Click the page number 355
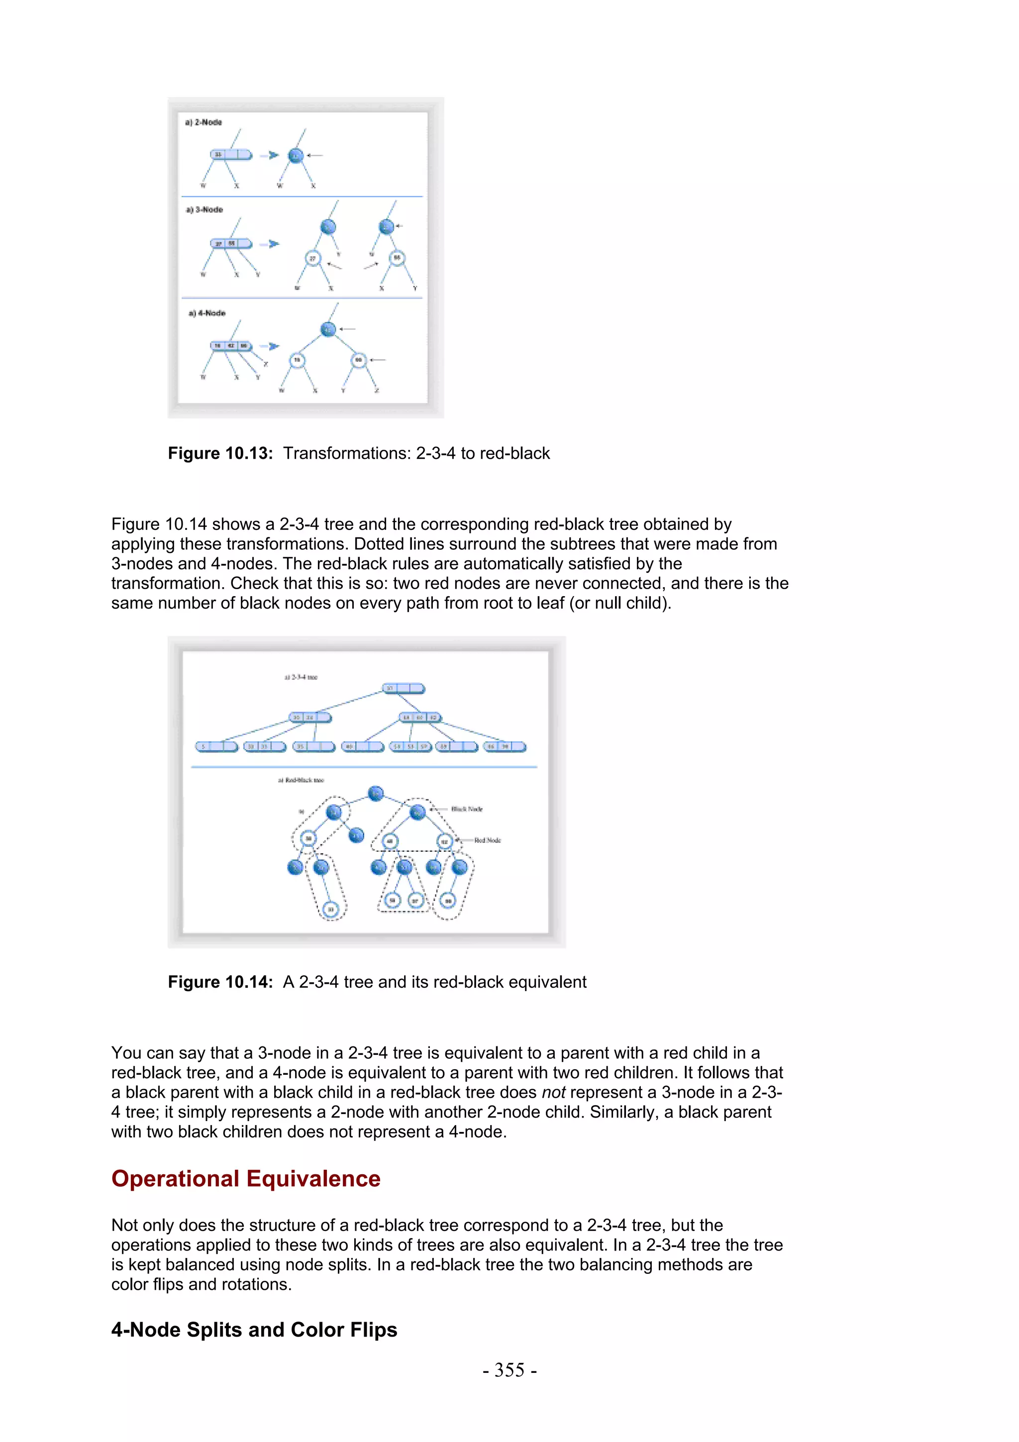tap(509, 1370)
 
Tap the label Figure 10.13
tap(220, 453)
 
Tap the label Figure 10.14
tap(220, 982)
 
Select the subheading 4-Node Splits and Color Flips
tap(254, 1330)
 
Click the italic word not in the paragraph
tap(553, 1092)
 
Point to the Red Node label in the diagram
tap(487, 840)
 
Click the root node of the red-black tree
tap(376, 793)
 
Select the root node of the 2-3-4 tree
tap(403, 689)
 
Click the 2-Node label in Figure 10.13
tap(204, 122)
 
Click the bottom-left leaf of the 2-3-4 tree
tap(216, 747)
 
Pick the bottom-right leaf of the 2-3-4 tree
tap(505, 747)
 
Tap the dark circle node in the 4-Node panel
tap(328, 329)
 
